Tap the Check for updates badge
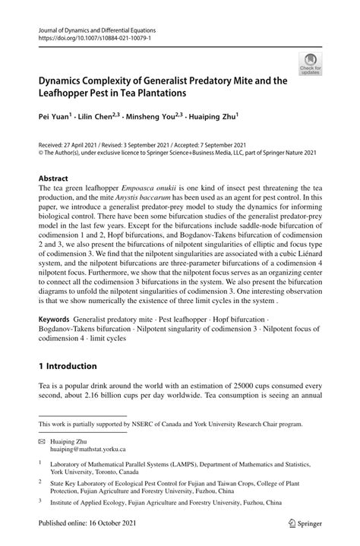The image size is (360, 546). [x=309, y=64]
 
